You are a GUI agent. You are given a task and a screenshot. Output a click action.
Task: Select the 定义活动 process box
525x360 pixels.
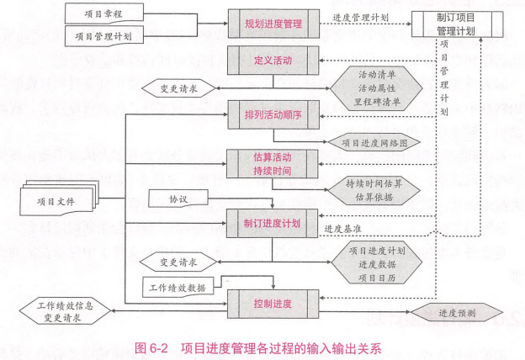tap(272, 61)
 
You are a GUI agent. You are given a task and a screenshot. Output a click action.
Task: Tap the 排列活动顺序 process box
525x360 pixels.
tap(272, 114)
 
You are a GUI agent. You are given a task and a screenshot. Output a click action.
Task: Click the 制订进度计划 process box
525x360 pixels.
tap(272, 222)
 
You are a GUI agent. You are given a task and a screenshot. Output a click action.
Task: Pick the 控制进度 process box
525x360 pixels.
tap(272, 303)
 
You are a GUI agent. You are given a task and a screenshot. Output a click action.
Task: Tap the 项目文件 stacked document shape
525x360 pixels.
tap(58, 202)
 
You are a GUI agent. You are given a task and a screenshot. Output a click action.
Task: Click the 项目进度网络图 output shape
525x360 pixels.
tap(374, 144)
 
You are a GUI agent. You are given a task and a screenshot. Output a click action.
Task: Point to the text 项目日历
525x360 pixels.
tap(375, 278)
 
